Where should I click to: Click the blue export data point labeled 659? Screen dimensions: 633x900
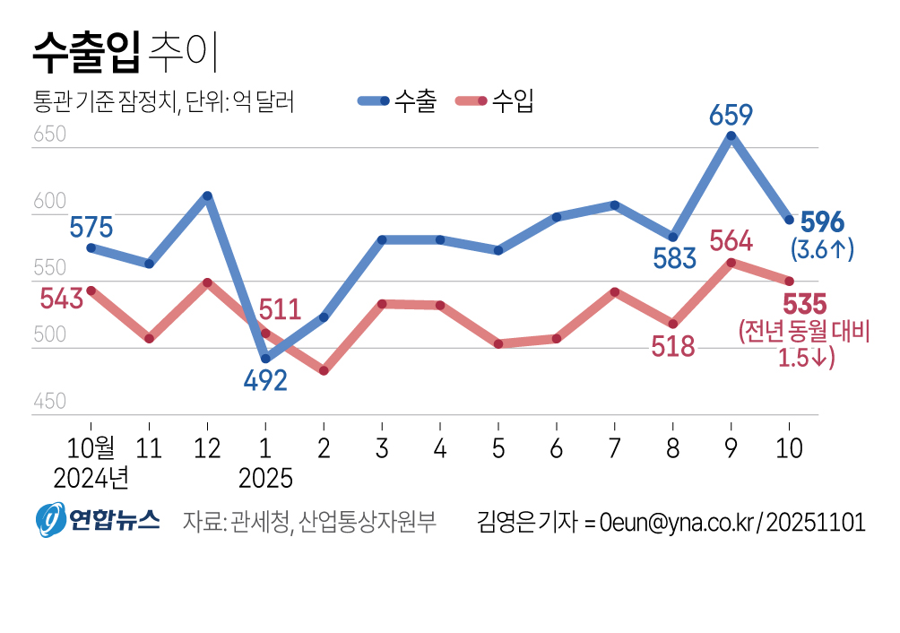tap(731, 136)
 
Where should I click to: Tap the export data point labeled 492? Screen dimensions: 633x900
tap(265, 359)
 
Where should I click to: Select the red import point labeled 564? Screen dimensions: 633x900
tap(731, 263)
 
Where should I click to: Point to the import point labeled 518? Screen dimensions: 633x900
tap(673, 324)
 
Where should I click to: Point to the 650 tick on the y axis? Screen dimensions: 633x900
tap(50, 135)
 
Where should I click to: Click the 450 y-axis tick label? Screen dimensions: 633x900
tap(50, 402)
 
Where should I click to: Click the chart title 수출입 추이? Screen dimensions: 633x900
tap(125, 54)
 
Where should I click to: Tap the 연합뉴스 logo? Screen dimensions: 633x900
tap(98, 520)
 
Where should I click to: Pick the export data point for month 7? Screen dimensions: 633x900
tap(615, 205)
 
